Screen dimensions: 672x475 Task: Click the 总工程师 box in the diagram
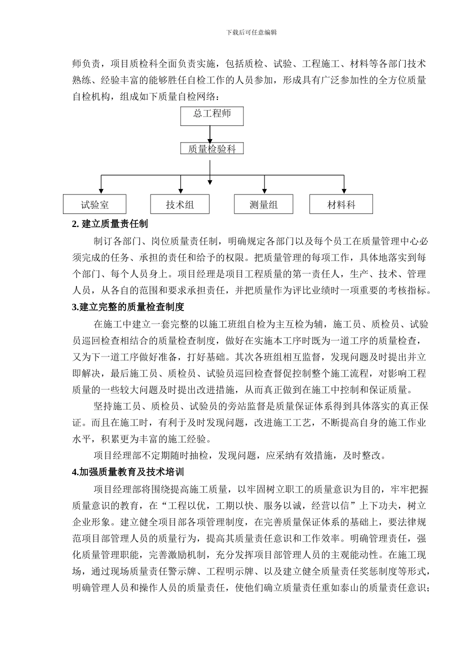pyautogui.click(x=212, y=115)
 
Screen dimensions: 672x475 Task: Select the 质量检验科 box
pyautogui.click(x=212, y=148)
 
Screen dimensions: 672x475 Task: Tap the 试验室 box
pyautogui.click(x=94, y=204)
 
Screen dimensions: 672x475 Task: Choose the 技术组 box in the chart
pyautogui.click(x=179, y=204)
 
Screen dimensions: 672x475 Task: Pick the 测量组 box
pyautogui.click(x=263, y=204)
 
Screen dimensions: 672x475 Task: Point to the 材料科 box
pyautogui.click(x=341, y=204)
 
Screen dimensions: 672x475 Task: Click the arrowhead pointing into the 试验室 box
pyautogui.click(x=101, y=190)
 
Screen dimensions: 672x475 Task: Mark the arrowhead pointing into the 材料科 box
pyautogui.click(x=343, y=190)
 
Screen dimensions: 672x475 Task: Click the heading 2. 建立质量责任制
pyautogui.click(x=110, y=224)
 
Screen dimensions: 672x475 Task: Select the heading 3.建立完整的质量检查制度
pyautogui.click(x=128, y=306)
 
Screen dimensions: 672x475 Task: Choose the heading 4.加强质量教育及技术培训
pyautogui.click(x=128, y=471)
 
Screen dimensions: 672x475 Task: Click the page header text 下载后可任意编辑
pyautogui.click(x=251, y=32)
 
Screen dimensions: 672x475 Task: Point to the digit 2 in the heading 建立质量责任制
pyautogui.click(x=75, y=224)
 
